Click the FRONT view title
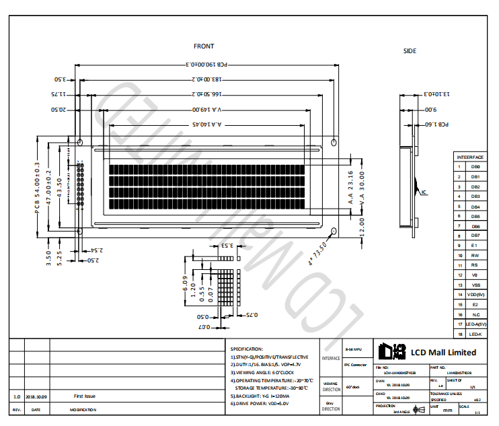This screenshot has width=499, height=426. coord(204,46)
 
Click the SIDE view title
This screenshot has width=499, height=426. coord(410,51)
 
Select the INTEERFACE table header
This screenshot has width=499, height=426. coord(469,157)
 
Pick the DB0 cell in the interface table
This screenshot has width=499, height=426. coord(475,166)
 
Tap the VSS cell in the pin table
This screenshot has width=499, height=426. coord(475,285)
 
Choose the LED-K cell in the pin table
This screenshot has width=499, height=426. coord(475,334)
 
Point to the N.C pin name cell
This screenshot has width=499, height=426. coord(475,314)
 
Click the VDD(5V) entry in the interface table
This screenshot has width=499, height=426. coord(475,295)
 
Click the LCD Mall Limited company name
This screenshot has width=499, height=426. coord(443,353)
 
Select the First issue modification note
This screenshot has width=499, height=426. coord(85,396)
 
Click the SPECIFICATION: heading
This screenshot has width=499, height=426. coord(247,349)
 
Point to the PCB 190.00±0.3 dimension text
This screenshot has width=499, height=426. coord(205,65)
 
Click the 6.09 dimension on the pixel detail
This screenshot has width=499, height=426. coord(186,283)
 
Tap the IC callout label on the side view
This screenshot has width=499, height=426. coord(424,192)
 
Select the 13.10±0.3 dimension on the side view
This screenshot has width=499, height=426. coord(428,95)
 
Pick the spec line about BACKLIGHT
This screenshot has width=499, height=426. coord(260,396)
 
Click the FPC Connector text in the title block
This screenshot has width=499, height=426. coord(354,365)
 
